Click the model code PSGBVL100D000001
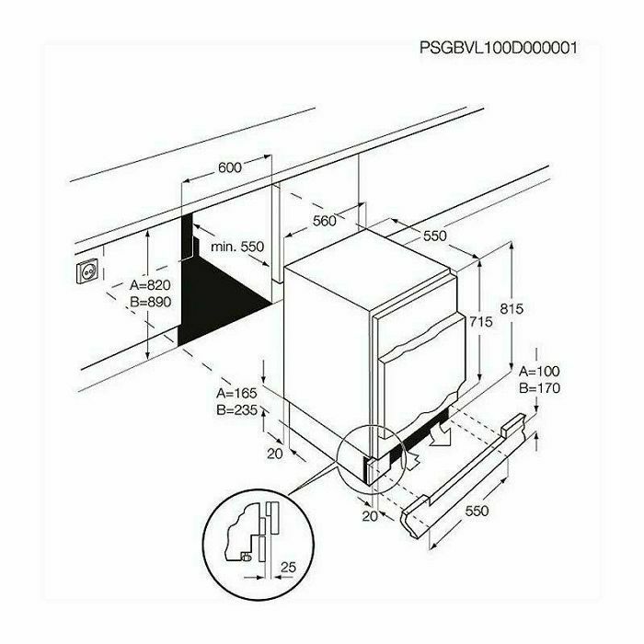point(499,48)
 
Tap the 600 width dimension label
point(230,167)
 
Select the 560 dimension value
point(325,221)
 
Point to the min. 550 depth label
point(237,247)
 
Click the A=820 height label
point(150,284)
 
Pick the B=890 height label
point(150,302)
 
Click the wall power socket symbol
point(87,270)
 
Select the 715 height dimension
point(480,322)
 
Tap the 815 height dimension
point(512,308)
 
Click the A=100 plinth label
point(539,372)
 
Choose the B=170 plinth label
point(539,388)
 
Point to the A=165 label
point(237,393)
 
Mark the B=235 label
point(237,410)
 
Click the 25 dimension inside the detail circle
point(288,568)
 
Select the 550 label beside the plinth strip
point(477,511)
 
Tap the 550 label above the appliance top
point(434,236)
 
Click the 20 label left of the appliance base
point(275,454)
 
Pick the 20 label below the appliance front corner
point(370,516)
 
